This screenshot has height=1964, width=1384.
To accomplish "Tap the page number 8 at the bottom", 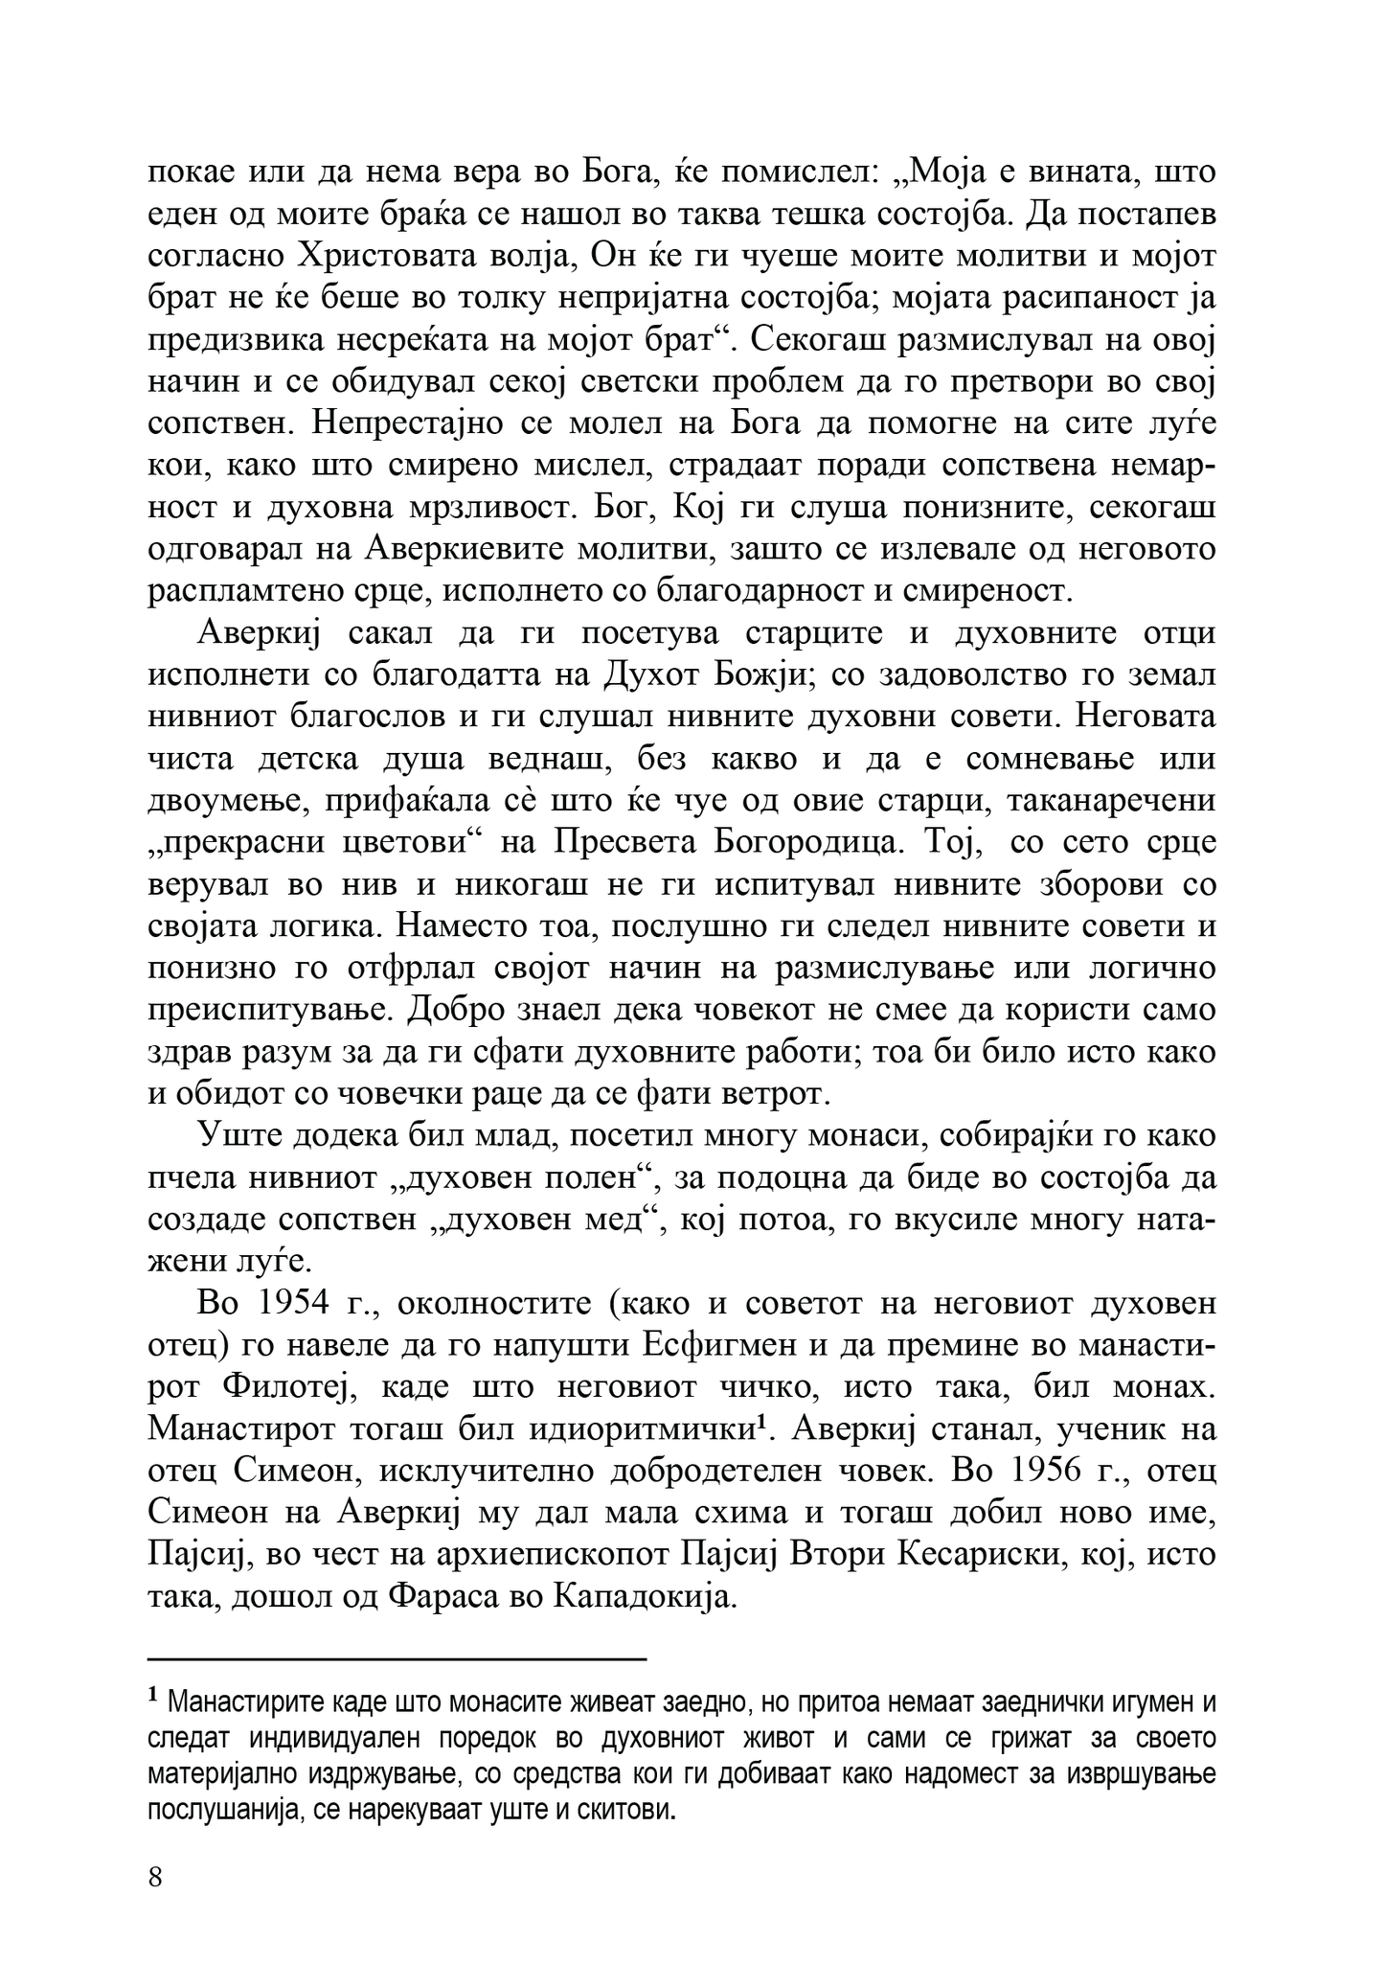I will (x=155, y=1876).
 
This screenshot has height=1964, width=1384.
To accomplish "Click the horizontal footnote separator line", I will (x=397, y=1658).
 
